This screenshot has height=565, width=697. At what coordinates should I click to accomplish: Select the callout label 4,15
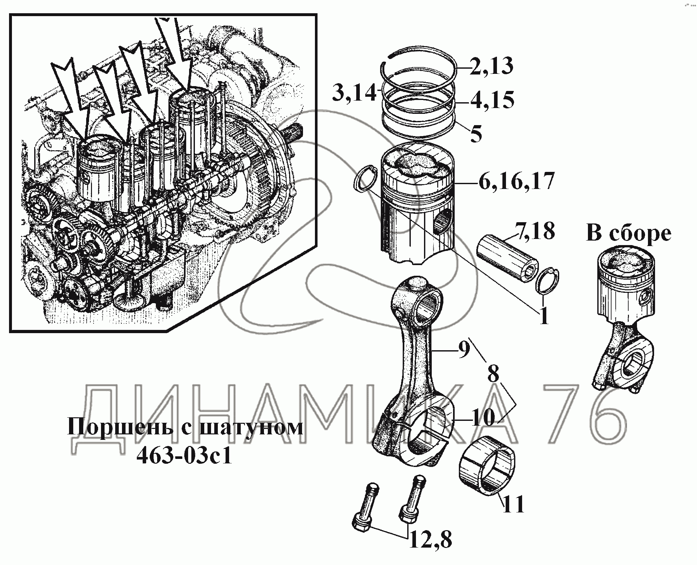(x=492, y=100)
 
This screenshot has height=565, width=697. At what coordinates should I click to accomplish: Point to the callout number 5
(x=476, y=133)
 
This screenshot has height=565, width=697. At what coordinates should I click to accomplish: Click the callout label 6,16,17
(x=517, y=181)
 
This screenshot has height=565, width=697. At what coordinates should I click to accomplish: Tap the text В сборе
(x=628, y=234)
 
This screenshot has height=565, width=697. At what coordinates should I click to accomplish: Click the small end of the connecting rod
(x=416, y=299)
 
